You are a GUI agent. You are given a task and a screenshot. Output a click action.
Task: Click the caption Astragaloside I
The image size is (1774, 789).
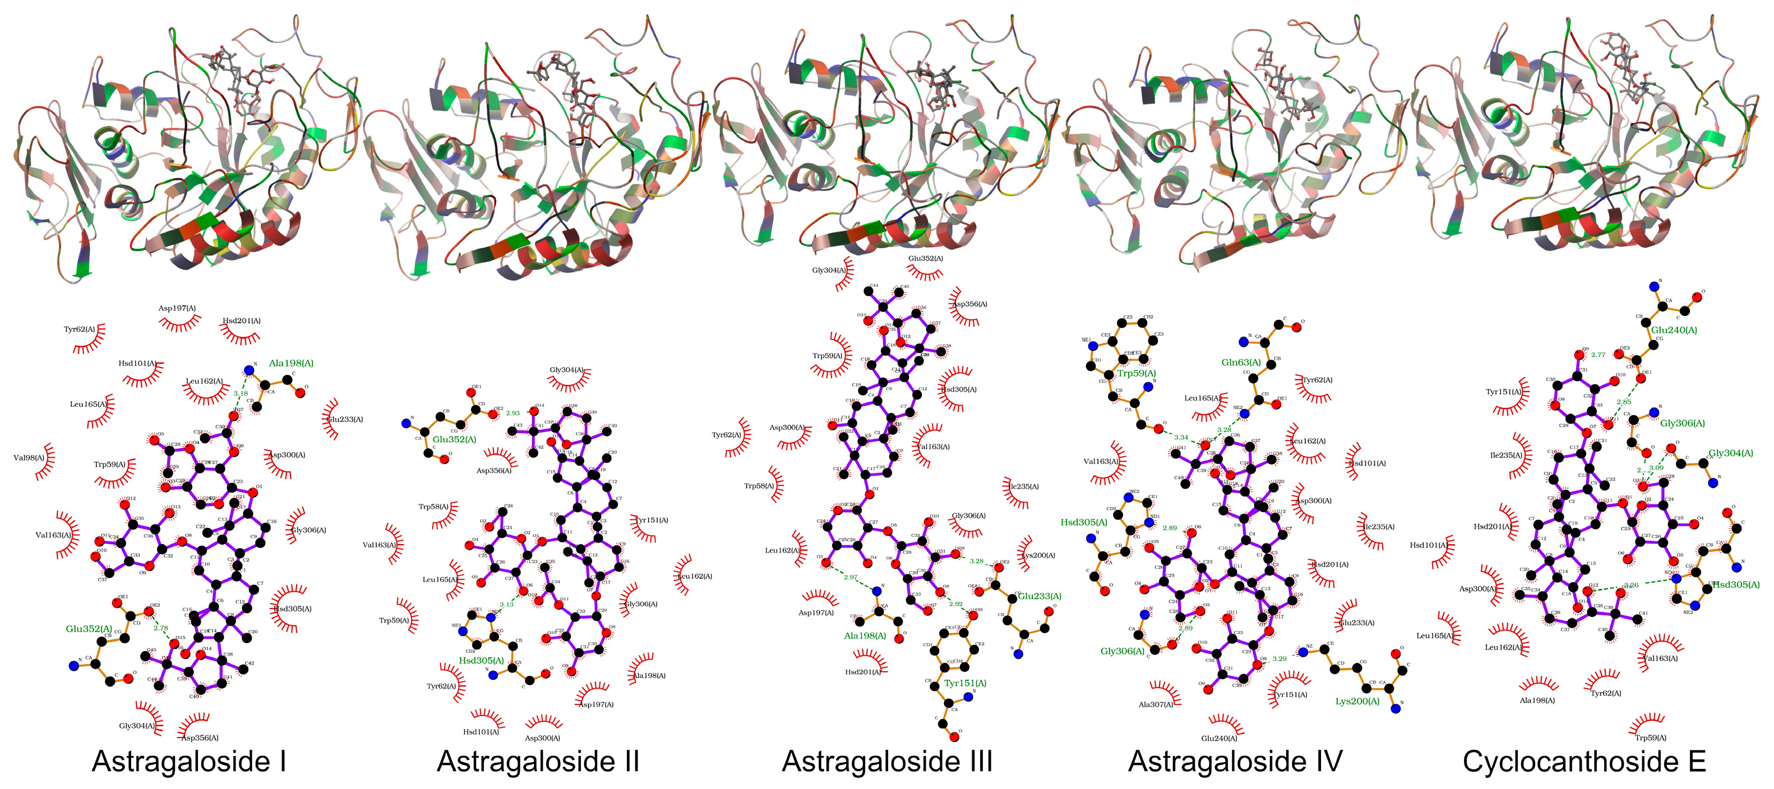pos(189,762)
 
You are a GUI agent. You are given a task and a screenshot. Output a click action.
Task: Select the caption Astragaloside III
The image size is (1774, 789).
pos(887,762)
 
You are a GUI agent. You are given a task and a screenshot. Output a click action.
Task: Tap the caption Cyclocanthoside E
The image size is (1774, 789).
pos(1584,762)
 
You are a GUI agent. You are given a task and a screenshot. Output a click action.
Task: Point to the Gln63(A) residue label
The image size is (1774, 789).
pos(1241,362)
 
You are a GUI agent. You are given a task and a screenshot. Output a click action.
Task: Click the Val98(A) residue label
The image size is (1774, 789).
pos(29,458)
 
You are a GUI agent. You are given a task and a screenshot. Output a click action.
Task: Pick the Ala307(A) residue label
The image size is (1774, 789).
pos(1156,704)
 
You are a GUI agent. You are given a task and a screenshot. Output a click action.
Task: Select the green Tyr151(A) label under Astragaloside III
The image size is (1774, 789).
pos(965,683)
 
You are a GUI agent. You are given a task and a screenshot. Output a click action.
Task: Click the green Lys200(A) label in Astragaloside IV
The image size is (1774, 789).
pos(1357,702)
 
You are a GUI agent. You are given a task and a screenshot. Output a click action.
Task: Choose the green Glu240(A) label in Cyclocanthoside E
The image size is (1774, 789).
pos(1674,330)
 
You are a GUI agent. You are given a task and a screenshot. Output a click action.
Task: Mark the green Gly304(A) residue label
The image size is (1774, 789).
pos(1731,453)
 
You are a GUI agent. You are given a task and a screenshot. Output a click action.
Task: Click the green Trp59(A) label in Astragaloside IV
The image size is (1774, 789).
pos(1137,373)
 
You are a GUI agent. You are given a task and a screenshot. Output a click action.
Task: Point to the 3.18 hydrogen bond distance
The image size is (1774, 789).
pos(241,394)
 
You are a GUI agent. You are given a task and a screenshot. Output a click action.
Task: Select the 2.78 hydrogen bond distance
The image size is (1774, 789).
pos(160,628)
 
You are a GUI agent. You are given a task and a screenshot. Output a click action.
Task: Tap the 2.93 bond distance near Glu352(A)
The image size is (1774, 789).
pos(512,413)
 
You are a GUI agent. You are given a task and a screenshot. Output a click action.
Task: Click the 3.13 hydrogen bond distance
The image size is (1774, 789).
pos(506,605)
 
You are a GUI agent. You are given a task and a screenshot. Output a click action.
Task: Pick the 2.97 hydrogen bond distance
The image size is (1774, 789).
pos(851,578)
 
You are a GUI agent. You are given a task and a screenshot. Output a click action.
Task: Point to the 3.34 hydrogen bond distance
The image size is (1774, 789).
pos(1180,437)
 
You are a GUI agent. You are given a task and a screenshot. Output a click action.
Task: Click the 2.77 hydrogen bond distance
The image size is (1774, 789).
pos(1598,355)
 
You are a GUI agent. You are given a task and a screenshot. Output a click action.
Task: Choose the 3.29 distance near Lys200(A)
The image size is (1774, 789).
pos(1279,659)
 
